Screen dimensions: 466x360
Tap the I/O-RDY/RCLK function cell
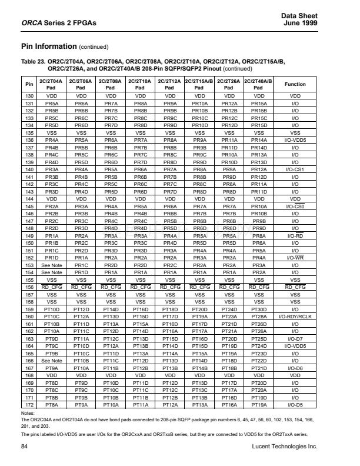[295, 317]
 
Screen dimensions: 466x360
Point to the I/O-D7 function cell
[295, 339]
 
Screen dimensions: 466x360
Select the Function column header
[295, 84]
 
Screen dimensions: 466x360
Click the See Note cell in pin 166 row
[52, 360]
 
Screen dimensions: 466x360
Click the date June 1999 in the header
[302, 22]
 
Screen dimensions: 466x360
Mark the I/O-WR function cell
[295, 257]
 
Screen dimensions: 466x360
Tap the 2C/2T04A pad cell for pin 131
[52, 102]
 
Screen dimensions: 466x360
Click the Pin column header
[28, 84]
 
